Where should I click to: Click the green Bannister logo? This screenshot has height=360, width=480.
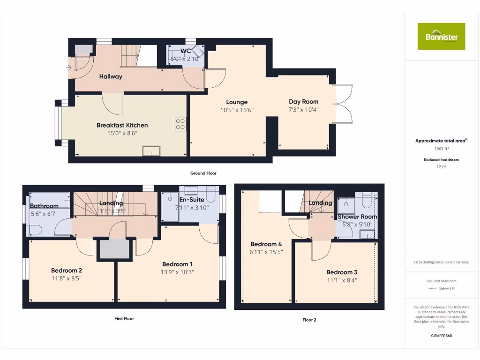pos(441,36)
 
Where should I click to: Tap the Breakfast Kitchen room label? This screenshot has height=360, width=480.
pos(122,125)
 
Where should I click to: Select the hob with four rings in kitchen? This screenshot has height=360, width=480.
pos(180,124)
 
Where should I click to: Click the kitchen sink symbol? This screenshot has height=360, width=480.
pos(151,150)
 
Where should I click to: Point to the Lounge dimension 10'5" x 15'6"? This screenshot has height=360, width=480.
pos(236,110)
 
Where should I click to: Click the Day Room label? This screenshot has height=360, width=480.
pos(303,101)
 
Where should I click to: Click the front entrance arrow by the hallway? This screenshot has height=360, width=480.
pos(69,68)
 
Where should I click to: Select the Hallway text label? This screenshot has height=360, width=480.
pos(110,76)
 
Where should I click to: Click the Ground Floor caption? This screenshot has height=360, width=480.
pos(203,173)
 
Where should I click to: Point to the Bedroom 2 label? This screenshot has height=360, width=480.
pos(67,270)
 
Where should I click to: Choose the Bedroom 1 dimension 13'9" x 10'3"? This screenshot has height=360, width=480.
pos(178,272)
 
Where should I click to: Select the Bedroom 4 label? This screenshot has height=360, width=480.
pos(266,244)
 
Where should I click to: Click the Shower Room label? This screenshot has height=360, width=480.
pos(357,217)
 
